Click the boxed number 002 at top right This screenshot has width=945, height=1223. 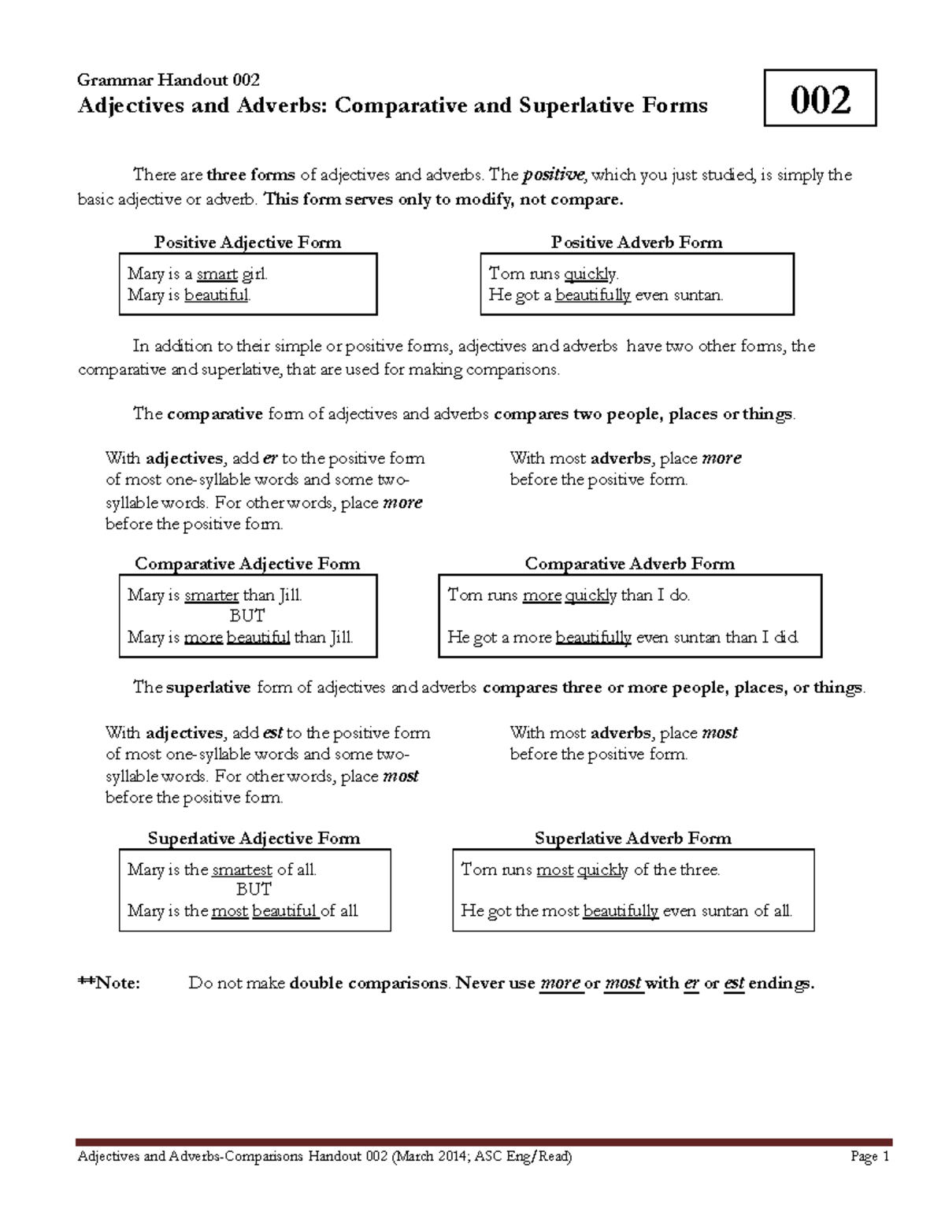click(820, 99)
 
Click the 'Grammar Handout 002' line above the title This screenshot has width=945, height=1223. click(168, 80)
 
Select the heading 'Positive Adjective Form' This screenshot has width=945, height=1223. click(247, 242)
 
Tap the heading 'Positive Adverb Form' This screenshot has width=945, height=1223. click(636, 242)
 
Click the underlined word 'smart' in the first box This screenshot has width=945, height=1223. click(217, 274)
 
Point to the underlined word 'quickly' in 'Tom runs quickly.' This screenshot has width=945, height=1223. click(591, 274)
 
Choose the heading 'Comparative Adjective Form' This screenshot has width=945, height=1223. click(247, 563)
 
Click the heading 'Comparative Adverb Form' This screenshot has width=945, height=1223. click(629, 563)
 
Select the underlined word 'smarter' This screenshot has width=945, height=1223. click(211, 595)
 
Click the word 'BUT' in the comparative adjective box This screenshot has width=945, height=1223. click(246, 616)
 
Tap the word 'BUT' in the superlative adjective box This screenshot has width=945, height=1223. click(254, 889)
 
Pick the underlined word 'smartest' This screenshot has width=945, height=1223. click(242, 869)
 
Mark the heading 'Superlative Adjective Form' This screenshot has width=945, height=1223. click(254, 838)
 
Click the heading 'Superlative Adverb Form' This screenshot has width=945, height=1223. click(632, 838)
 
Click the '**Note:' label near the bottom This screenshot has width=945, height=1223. click(109, 983)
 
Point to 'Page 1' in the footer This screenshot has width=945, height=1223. click(869, 1157)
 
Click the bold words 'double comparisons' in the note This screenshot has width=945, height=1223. click(369, 983)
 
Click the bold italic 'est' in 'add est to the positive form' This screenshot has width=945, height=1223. click(272, 733)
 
